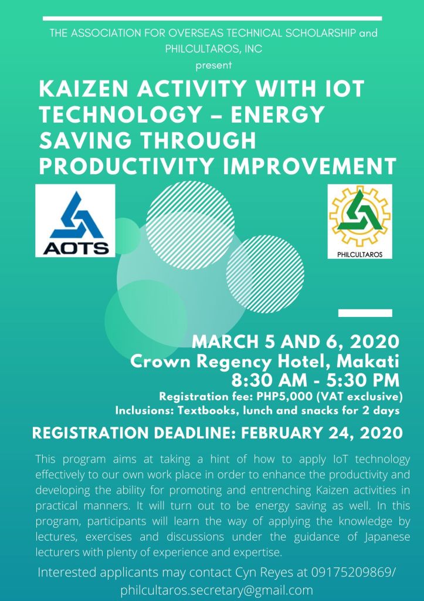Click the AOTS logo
click(x=75, y=221)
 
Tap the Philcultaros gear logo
click(x=359, y=221)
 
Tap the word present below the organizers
click(x=213, y=65)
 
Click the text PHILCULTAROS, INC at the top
click(x=213, y=49)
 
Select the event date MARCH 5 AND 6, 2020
click(x=296, y=341)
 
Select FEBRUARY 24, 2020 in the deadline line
click(x=322, y=433)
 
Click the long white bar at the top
click(x=212, y=18)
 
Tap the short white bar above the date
click(x=365, y=313)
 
